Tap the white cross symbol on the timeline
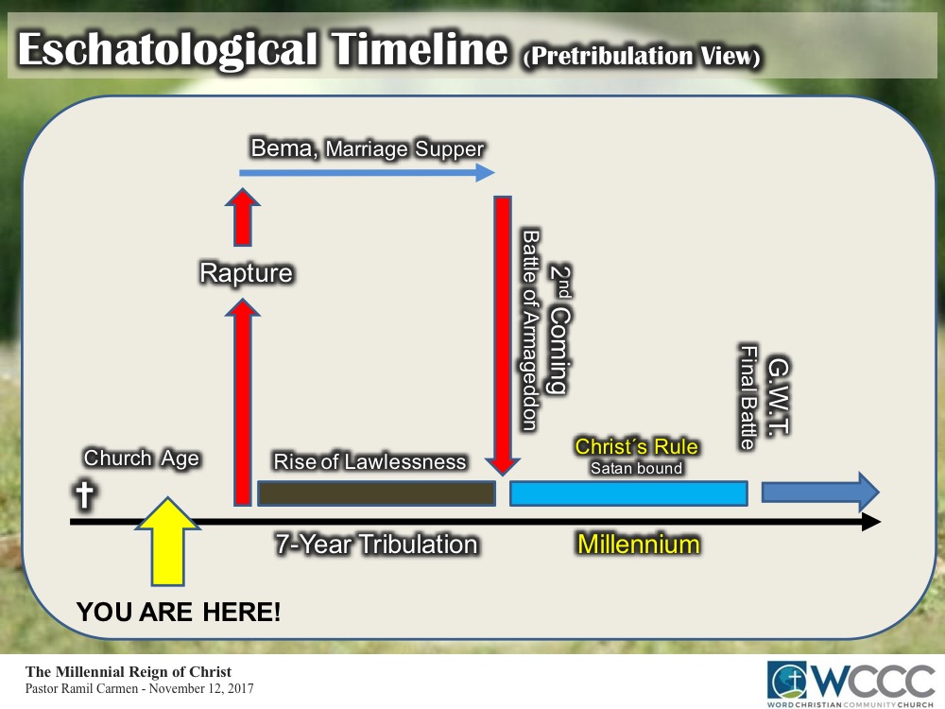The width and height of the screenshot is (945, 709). [x=85, y=494]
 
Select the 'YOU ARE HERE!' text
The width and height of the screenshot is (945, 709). [x=179, y=613]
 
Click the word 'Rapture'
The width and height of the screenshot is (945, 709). [x=246, y=274]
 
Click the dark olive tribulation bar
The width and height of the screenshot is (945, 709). [x=376, y=493]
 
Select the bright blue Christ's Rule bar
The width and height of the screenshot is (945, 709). [x=628, y=493]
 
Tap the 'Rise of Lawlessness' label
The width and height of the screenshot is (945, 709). [x=369, y=461]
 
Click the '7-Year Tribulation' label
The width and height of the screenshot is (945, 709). [x=376, y=545]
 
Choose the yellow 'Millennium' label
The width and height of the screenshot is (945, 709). [x=639, y=545]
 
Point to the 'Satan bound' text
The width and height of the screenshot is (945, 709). [x=636, y=467]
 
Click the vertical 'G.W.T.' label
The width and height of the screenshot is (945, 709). [x=779, y=395]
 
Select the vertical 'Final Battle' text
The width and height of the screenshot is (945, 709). [x=748, y=397]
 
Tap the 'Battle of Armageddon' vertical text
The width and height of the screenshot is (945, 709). [x=530, y=330]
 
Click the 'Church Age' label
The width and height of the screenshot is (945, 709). [x=142, y=458]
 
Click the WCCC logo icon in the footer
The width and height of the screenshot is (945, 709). [x=788, y=679]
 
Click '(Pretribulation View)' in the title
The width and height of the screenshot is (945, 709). [x=642, y=57]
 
